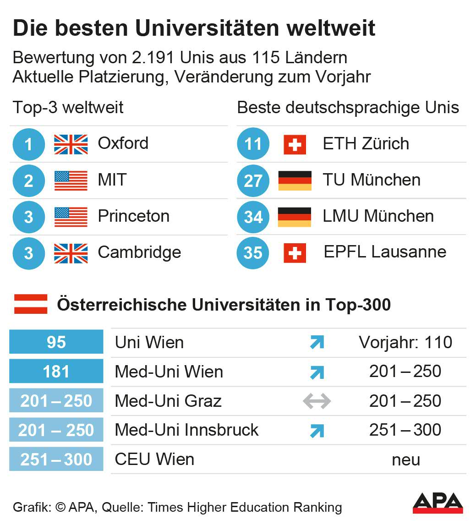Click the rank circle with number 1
pyautogui.click(x=28, y=144)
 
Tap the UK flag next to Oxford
pyautogui.click(x=71, y=144)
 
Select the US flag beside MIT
pyautogui.click(x=71, y=180)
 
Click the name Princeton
pyautogui.click(x=133, y=216)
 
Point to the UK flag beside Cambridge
pyautogui.click(x=71, y=252)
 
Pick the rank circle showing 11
pyautogui.click(x=252, y=144)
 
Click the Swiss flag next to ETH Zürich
pyautogui.click(x=295, y=144)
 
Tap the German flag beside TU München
pyautogui.click(x=295, y=180)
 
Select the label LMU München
pyautogui.click(x=378, y=216)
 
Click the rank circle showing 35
pyautogui.click(x=252, y=252)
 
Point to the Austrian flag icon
pyautogui.click(x=31, y=304)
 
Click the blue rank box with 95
pyautogui.click(x=56, y=342)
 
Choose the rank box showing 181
pyautogui.click(x=56, y=372)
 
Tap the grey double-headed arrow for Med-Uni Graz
pyautogui.click(x=317, y=401)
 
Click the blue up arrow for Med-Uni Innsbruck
pyautogui.click(x=317, y=431)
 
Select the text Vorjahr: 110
pyautogui.click(x=405, y=342)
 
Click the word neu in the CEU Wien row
pyautogui.click(x=405, y=459)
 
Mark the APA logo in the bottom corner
pyautogui.click(x=438, y=503)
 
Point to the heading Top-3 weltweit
pyautogui.click(x=68, y=108)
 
